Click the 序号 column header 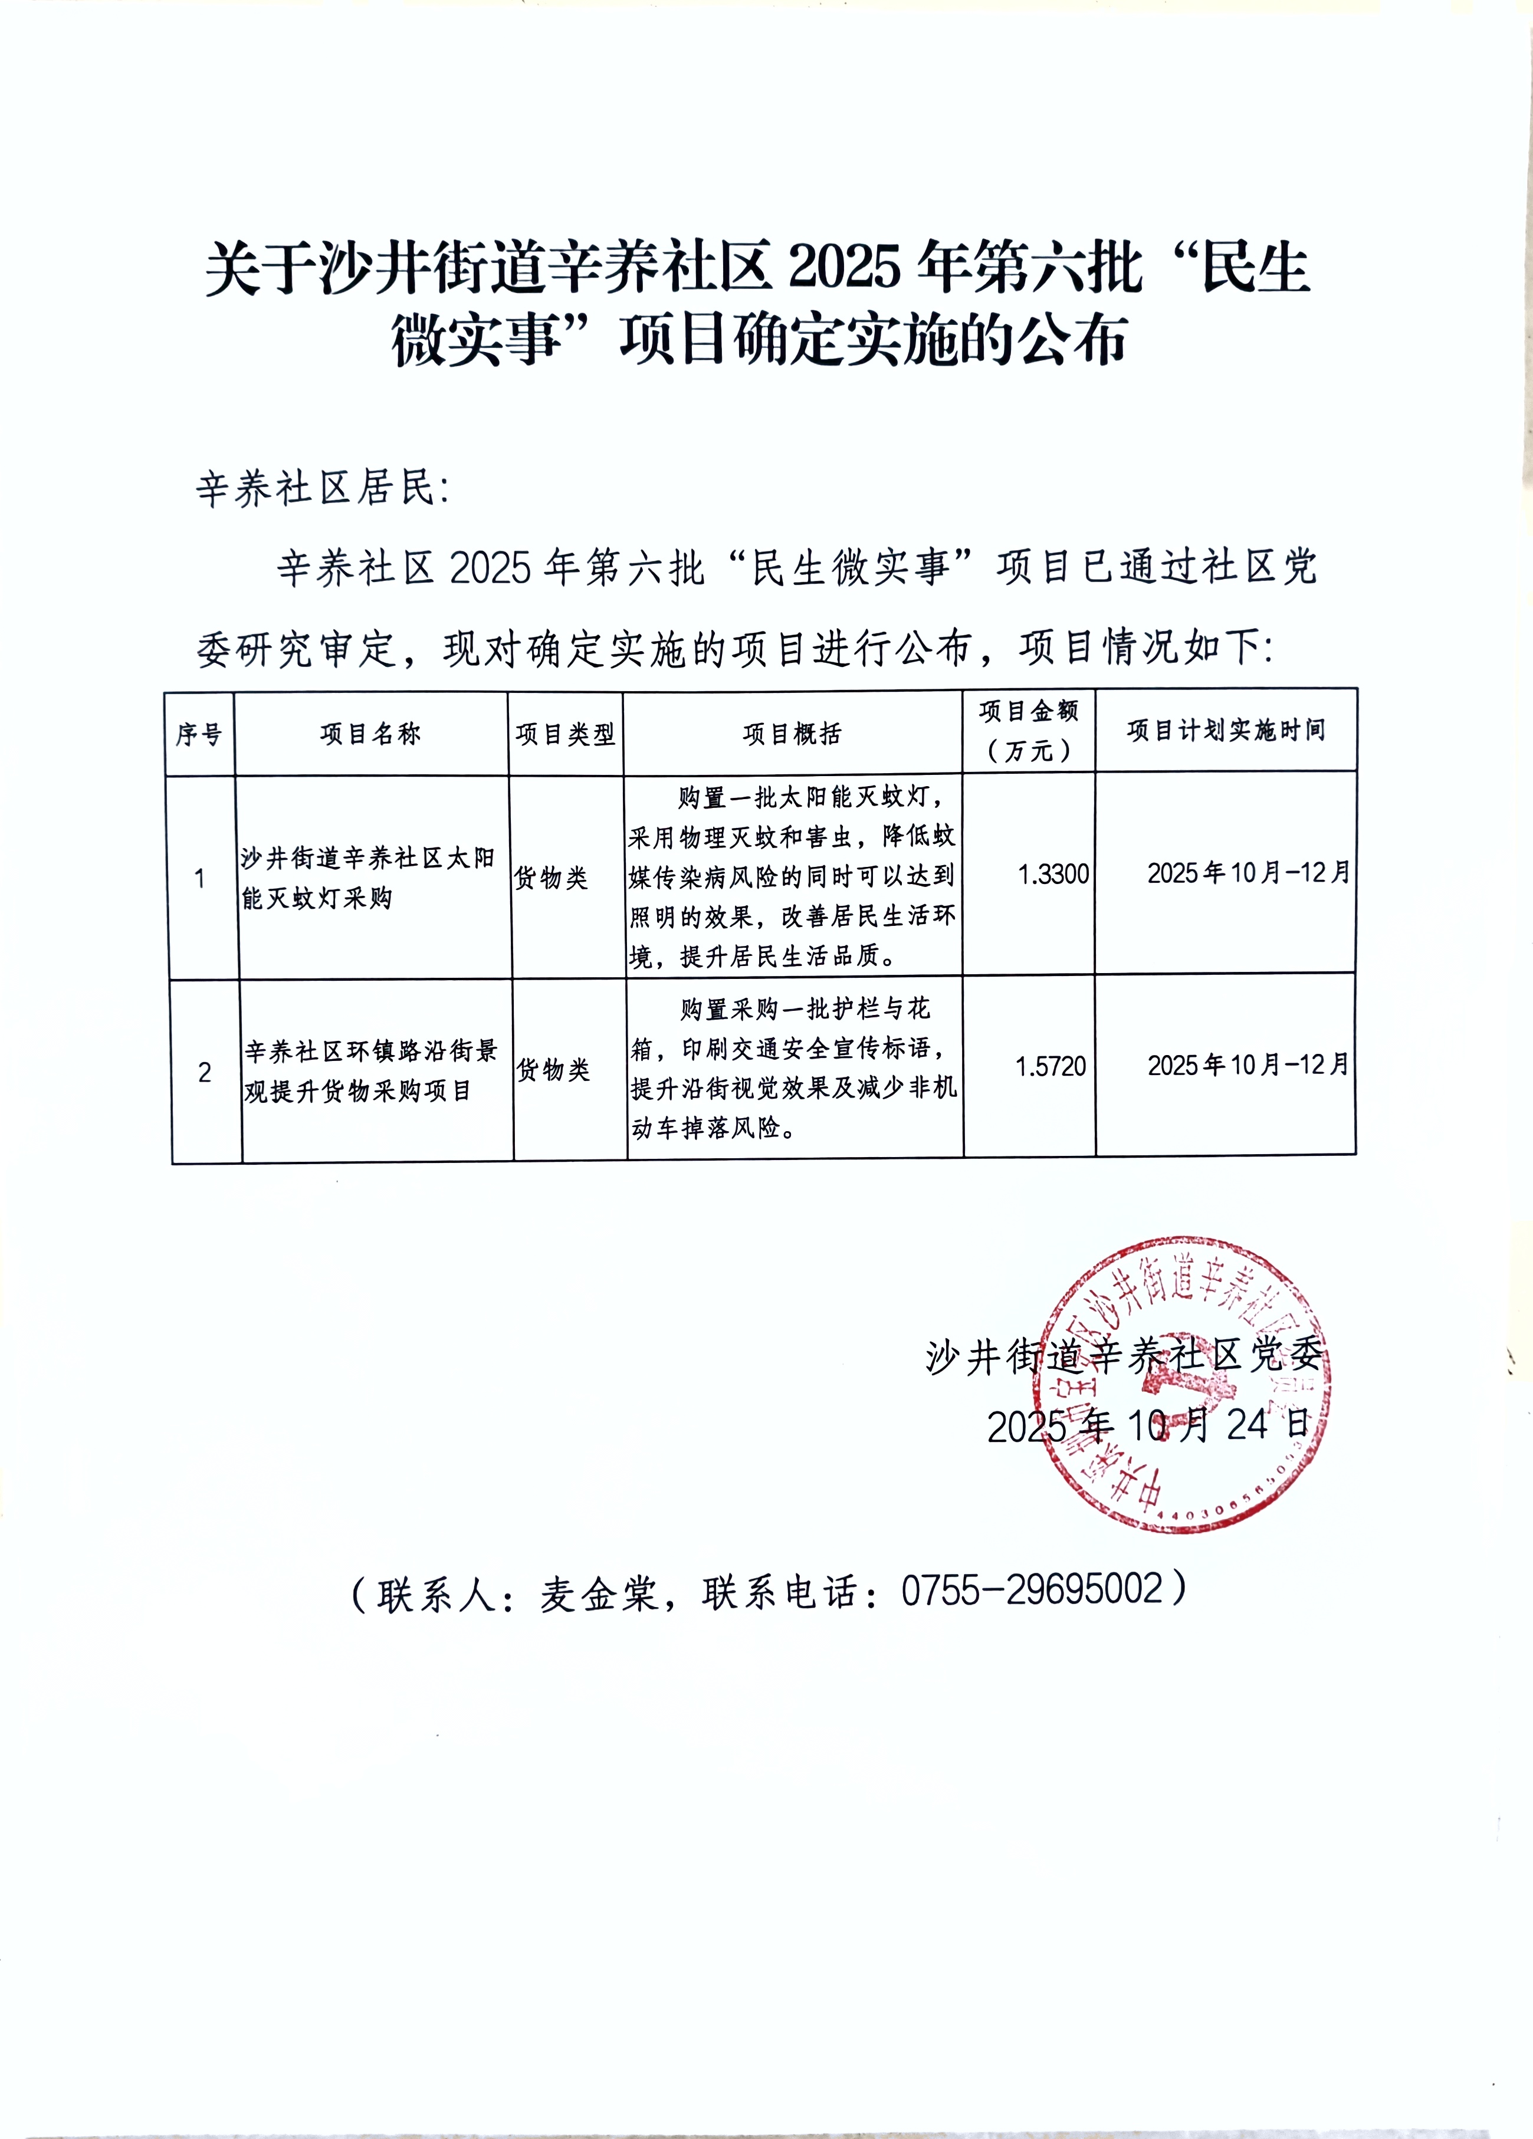tap(199, 734)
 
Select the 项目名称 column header tap(371, 734)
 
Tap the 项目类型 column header tap(565, 734)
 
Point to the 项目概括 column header tap(792, 733)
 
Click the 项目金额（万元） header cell tap(1028, 731)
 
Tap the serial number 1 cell tap(200, 879)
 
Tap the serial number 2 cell tap(205, 1072)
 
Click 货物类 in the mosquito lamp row tap(551, 878)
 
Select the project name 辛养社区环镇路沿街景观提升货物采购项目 tap(371, 1070)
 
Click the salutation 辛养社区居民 tap(321, 488)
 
